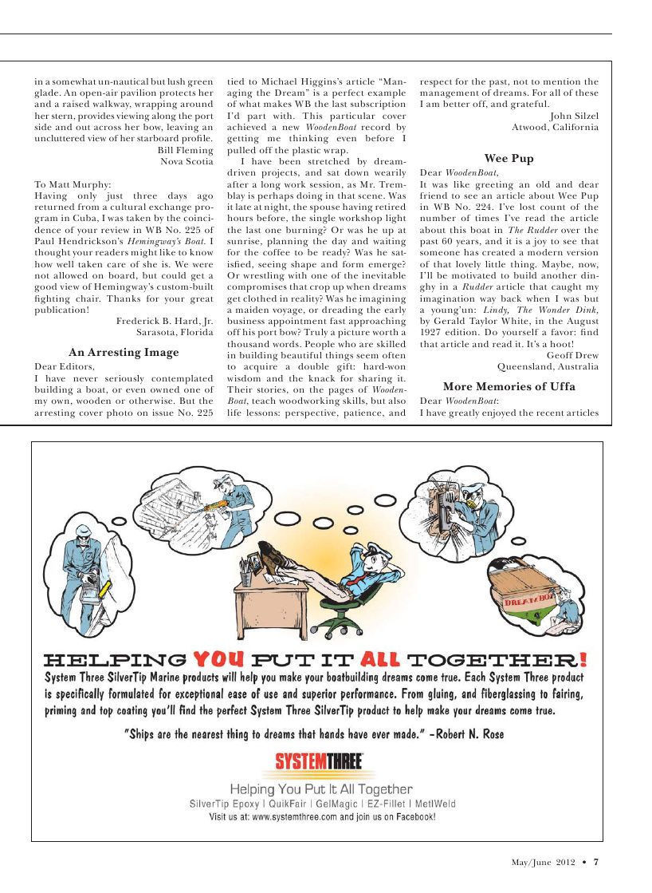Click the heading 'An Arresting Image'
[124, 352]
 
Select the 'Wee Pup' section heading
[509, 159]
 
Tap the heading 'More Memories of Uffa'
[509, 386]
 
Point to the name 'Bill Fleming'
[186, 149]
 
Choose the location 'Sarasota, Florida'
[175, 332]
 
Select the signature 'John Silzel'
[574, 115]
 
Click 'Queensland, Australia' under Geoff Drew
[548, 367]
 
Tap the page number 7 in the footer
[595, 861]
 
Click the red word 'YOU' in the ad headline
[219, 659]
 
